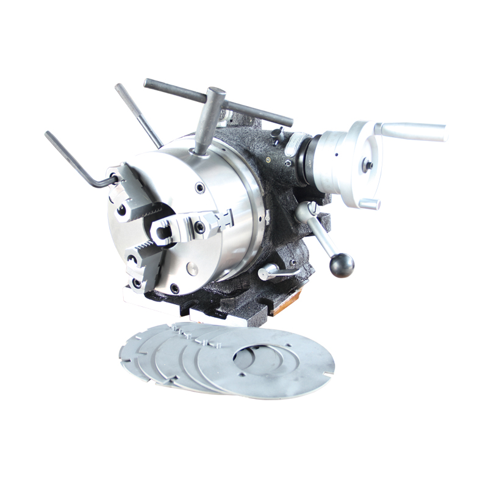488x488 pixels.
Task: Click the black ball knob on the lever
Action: click(342, 264)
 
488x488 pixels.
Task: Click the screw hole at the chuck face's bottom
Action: click(175, 289)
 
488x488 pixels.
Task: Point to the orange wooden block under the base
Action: click(287, 304)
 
